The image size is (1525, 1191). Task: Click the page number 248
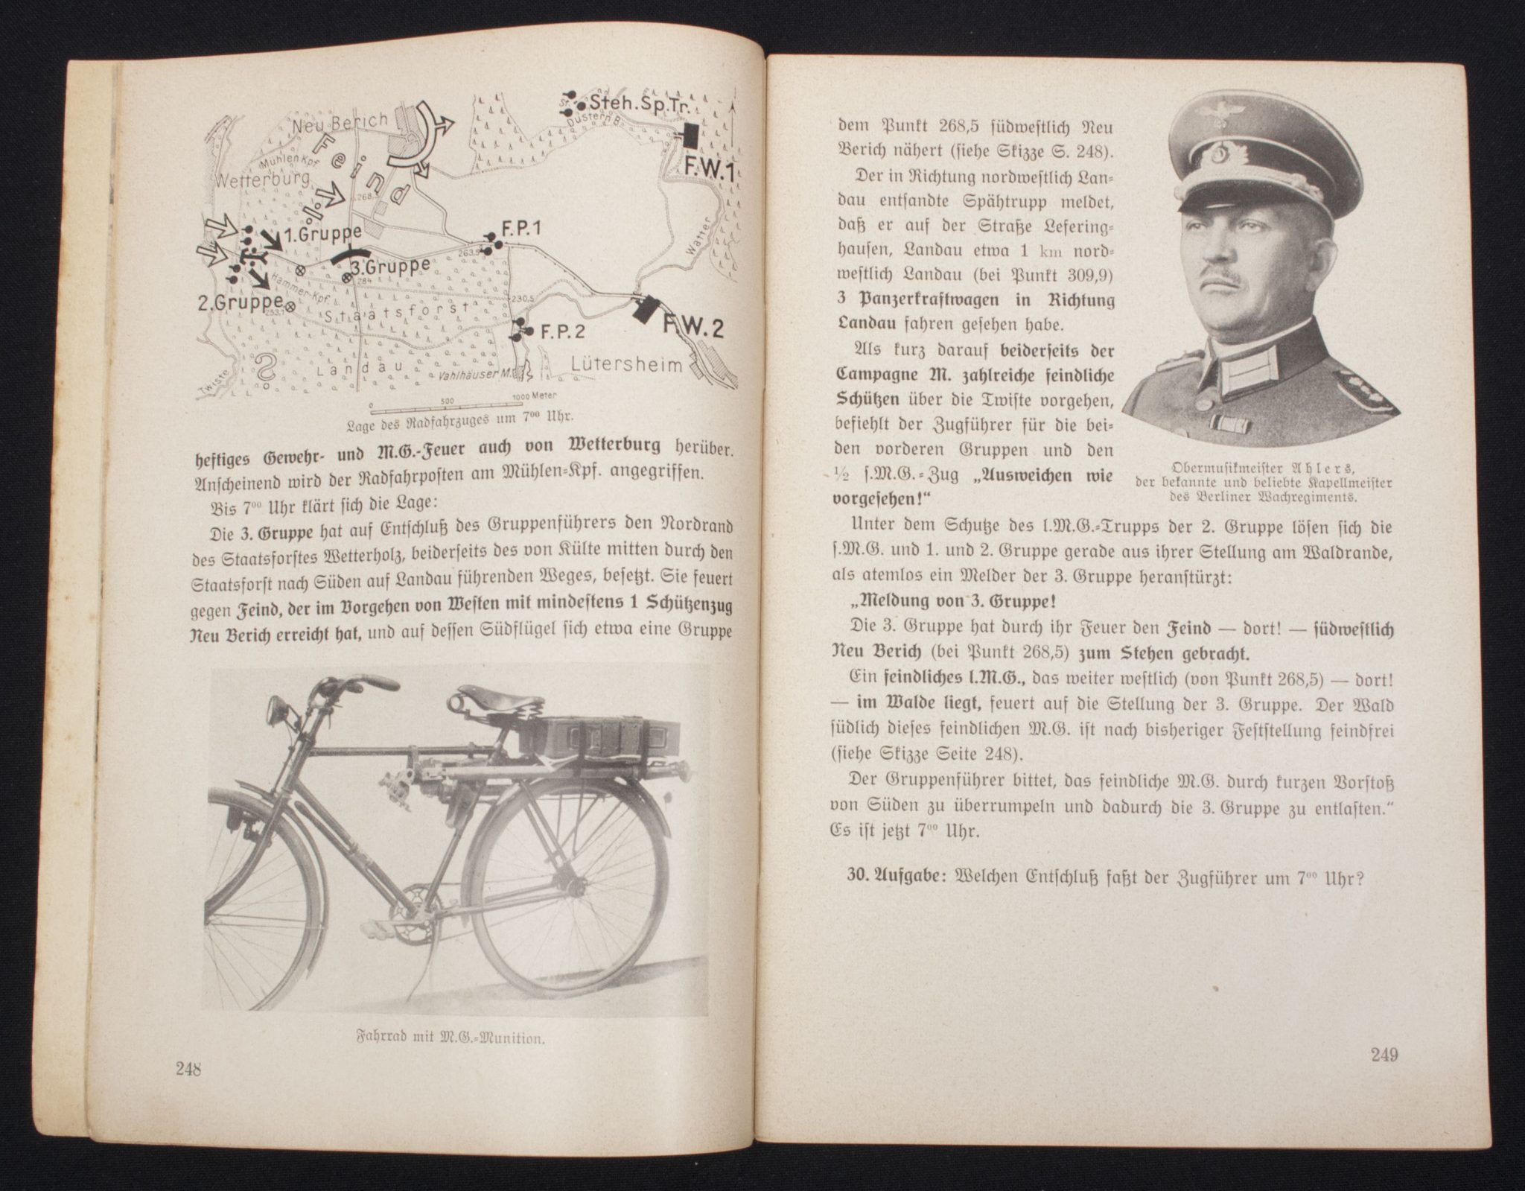[x=190, y=1068]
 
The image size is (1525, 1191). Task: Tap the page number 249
[x=1383, y=1054]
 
